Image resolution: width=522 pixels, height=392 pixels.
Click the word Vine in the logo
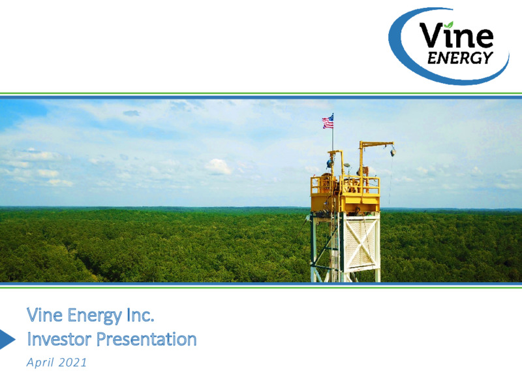455,35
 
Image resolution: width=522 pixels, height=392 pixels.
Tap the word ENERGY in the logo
460,58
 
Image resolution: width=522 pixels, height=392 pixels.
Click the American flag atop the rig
328,122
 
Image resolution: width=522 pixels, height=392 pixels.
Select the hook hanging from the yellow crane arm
393,152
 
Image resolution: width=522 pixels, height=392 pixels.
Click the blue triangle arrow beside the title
7,339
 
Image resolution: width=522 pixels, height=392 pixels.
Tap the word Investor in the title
59,339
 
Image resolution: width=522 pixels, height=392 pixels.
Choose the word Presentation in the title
146,340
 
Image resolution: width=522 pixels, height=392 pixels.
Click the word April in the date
40,363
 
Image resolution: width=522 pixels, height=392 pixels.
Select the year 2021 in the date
72,363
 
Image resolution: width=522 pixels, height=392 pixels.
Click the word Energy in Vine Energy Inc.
94,316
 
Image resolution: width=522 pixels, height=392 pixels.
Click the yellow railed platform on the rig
345,194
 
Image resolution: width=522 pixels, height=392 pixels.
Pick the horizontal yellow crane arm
376,144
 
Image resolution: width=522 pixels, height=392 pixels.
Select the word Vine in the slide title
44,315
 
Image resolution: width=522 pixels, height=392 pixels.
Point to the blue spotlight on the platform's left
330,164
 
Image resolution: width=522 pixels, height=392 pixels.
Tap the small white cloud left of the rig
219,167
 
